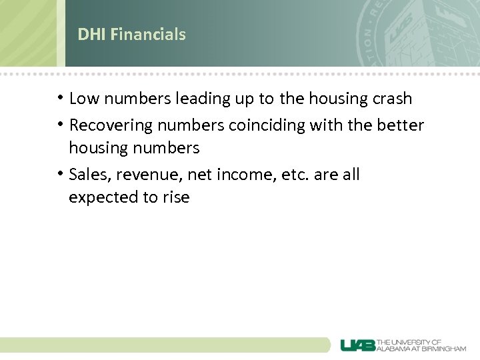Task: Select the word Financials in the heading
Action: (x=148, y=34)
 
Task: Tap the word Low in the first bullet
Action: (x=83, y=99)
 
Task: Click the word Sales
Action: (x=86, y=175)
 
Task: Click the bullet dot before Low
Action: (x=61, y=99)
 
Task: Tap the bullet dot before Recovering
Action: (x=61, y=125)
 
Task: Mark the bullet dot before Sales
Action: (x=61, y=175)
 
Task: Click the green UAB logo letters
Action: (x=358, y=345)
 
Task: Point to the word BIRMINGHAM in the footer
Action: (x=443, y=348)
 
